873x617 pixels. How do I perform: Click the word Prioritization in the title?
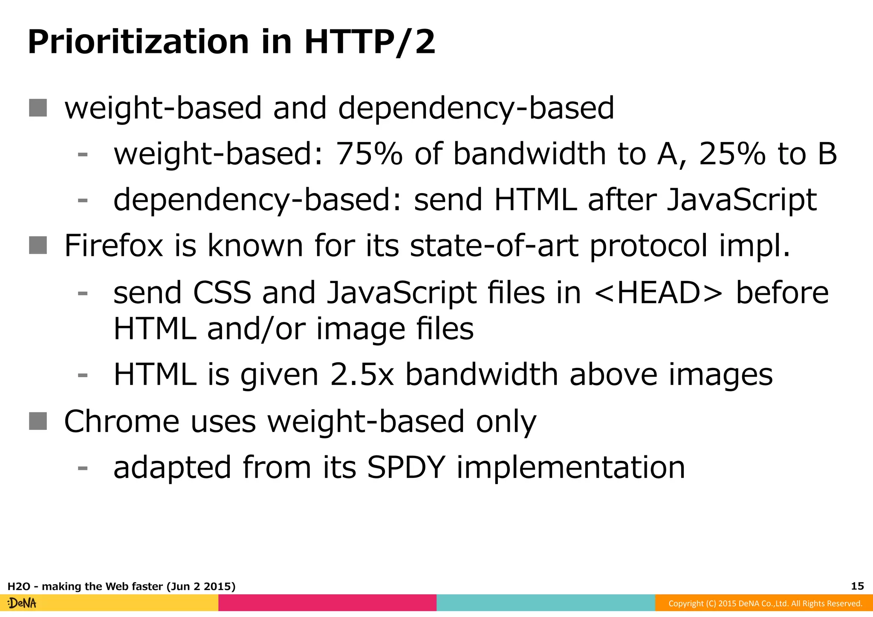[139, 43]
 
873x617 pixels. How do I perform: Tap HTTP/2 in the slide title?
[370, 43]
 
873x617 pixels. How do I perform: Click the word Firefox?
[113, 246]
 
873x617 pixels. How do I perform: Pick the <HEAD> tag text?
[658, 293]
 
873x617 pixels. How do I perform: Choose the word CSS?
[222, 293]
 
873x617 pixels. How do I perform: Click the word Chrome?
[121, 421]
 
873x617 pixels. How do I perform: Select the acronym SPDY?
[406, 467]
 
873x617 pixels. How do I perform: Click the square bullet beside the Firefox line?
[38, 245]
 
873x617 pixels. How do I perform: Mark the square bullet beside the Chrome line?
[38, 421]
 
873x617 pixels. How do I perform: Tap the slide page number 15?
[857, 586]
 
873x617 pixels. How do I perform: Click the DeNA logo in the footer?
[22, 603]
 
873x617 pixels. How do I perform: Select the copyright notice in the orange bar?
[765, 603]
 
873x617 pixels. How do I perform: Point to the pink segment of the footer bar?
[327, 603]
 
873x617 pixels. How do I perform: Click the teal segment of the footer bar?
[546, 603]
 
